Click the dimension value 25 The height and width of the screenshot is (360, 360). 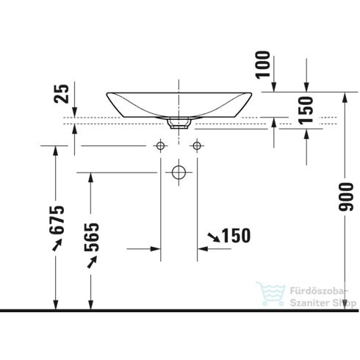pyautogui.click(x=64, y=93)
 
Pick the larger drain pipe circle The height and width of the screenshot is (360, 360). pyautogui.click(x=178, y=173)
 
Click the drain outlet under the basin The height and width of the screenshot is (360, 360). pyautogui.click(x=178, y=124)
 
